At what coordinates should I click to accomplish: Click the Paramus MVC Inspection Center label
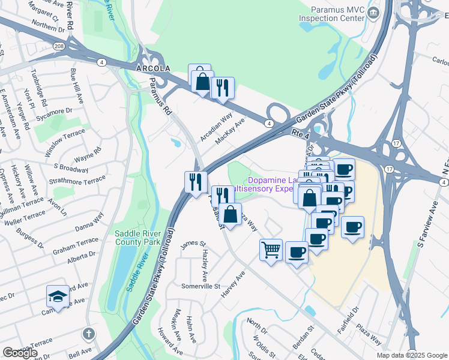(336, 14)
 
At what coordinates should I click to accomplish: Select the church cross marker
(88, 332)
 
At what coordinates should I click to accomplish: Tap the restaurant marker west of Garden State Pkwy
(196, 181)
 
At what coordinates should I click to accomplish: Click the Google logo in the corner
(20, 353)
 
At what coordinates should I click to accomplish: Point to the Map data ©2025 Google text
(411, 355)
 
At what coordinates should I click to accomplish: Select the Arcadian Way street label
(216, 128)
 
